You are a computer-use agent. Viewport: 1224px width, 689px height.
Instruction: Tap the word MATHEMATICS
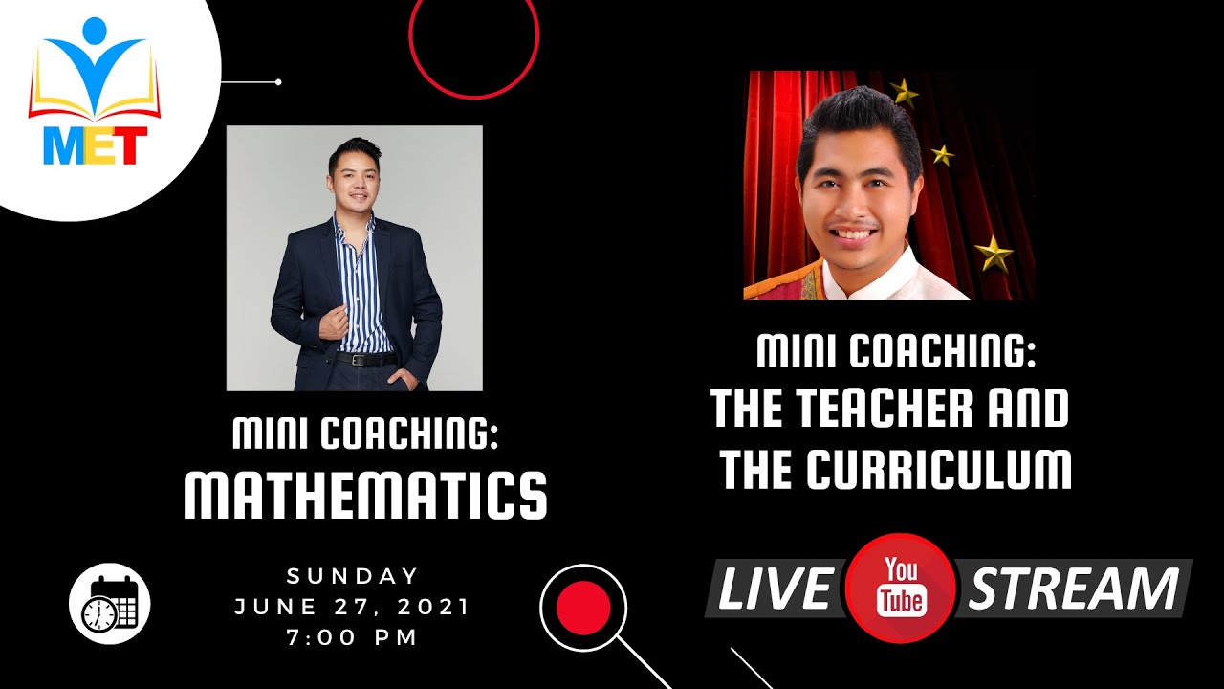pos(364,494)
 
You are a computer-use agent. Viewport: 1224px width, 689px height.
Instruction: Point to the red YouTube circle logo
pos(901,587)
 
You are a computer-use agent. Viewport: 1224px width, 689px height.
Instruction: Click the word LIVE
pos(774,589)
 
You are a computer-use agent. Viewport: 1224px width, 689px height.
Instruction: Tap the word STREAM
pos(1073,589)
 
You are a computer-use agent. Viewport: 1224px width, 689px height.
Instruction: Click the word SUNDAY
pos(354,576)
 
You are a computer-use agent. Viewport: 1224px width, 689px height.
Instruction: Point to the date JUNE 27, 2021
pos(354,607)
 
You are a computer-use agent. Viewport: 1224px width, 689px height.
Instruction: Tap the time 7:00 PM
pos(354,637)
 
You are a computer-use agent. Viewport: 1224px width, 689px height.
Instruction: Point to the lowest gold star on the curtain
pos(994,254)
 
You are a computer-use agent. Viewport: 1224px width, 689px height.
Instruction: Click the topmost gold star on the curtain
pos(904,92)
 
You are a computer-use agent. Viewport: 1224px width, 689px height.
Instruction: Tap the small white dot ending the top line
pos(278,82)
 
